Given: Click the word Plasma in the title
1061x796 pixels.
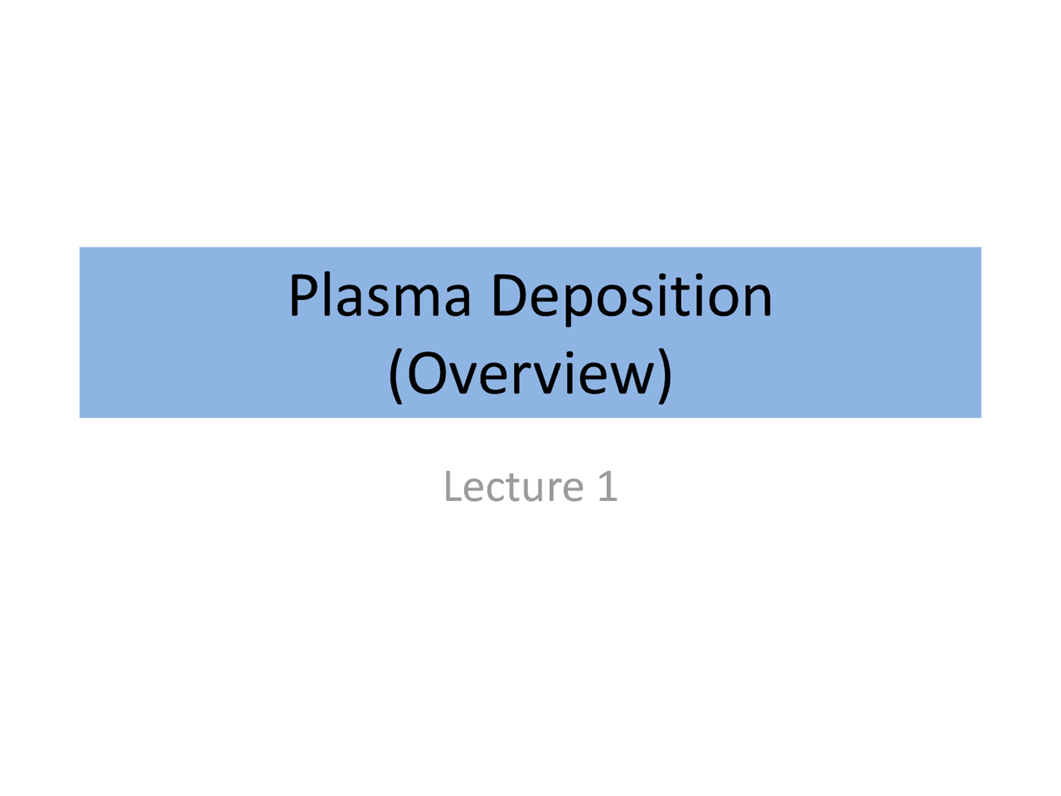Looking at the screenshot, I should pyautogui.click(x=380, y=296).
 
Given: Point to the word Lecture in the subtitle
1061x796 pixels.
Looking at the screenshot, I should pyautogui.click(x=513, y=486).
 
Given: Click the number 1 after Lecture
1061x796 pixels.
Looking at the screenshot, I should pyautogui.click(x=608, y=486).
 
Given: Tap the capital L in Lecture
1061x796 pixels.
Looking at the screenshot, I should pyautogui.click(x=451, y=486).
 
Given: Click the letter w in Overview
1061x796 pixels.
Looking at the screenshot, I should pyautogui.click(x=635, y=378).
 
